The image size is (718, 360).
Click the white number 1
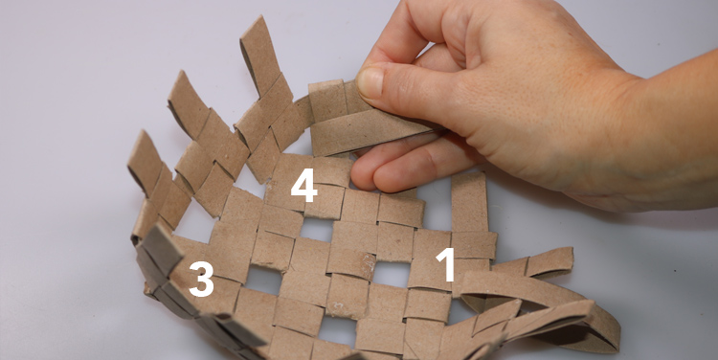[x=445, y=264]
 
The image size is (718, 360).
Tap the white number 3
[x=201, y=279]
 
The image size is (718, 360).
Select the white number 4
[x=303, y=186]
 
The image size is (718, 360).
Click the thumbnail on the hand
[x=370, y=82]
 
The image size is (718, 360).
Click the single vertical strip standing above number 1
[x=469, y=202]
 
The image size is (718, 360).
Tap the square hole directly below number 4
[x=317, y=229]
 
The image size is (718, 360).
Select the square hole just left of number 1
[x=392, y=274]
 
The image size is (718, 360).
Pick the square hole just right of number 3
[x=264, y=280]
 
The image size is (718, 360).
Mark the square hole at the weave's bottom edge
[x=338, y=330]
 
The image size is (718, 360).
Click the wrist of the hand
[x=672, y=138]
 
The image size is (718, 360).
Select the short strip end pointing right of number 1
[x=550, y=262]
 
